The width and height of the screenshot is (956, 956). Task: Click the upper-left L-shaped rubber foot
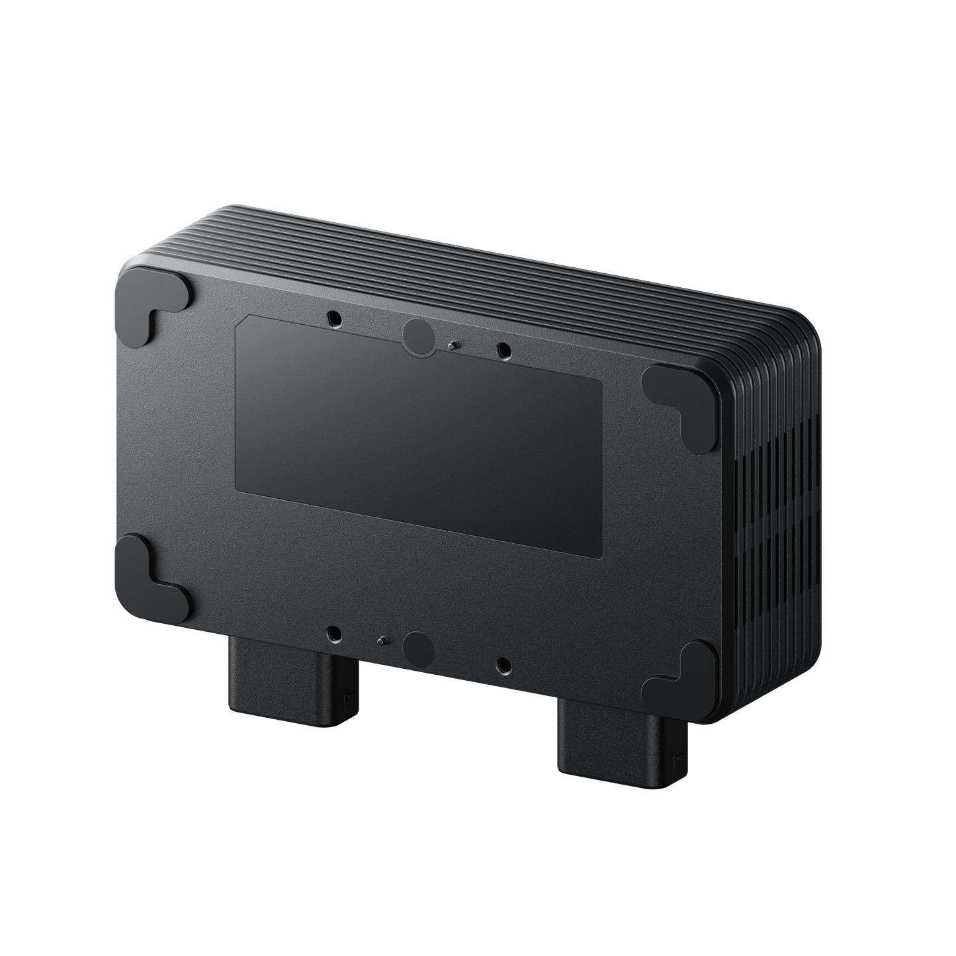tap(147, 306)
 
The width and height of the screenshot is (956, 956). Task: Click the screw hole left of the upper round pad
tap(336, 319)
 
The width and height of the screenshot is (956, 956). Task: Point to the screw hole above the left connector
tap(336, 634)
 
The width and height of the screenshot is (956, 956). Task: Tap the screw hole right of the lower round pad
tap(504, 665)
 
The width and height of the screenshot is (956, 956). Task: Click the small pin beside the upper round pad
tap(451, 344)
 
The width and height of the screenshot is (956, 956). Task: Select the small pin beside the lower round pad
tap(382, 640)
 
